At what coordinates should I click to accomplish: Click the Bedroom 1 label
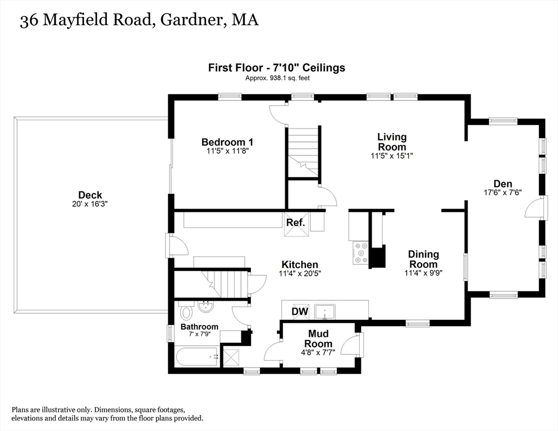[223, 142]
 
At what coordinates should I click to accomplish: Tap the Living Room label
[391, 141]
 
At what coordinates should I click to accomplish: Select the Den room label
[502, 184]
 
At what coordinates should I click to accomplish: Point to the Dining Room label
[423, 259]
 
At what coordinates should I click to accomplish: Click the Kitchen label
[300, 265]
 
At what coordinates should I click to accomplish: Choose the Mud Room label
[318, 339]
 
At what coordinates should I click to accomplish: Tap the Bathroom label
[199, 327]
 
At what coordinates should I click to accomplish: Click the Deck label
[90, 195]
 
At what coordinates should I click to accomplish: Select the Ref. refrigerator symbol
[296, 223]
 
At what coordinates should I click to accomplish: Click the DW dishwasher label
[299, 311]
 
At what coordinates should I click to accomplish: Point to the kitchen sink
[325, 310]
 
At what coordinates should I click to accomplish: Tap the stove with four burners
[359, 253]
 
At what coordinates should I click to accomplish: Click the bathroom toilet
[187, 310]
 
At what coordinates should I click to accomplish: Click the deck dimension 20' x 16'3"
[90, 204]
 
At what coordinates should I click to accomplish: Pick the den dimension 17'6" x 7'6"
[502, 192]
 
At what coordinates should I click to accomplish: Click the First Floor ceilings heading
[277, 68]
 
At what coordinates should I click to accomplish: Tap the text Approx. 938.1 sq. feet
[277, 78]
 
